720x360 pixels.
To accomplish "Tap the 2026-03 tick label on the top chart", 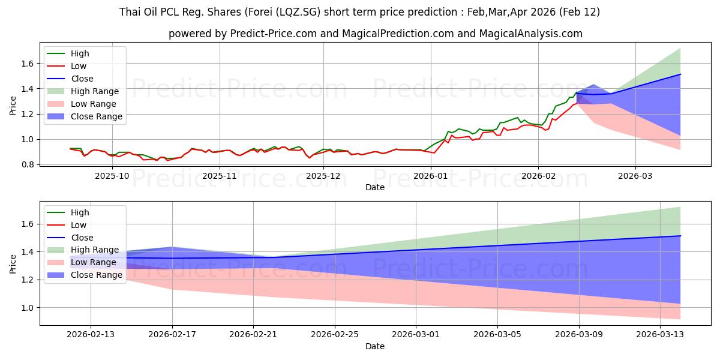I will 635,176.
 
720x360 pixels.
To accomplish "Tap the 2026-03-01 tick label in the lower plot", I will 416,335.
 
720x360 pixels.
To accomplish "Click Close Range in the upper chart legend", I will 96,116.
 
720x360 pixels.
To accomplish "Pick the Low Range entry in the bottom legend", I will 94,262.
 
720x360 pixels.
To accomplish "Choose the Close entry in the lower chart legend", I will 82,238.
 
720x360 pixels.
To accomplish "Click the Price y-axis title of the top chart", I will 13,105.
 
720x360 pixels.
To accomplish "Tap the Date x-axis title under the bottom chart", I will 375,346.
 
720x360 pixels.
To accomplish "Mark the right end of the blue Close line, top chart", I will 680,74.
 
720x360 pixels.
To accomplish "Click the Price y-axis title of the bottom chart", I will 13,264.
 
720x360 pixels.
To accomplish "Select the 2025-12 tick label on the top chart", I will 324,176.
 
